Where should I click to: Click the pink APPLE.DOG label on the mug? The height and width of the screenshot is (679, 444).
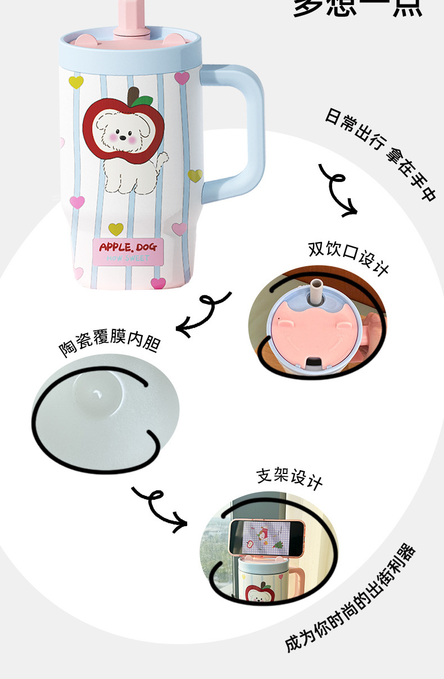(128, 250)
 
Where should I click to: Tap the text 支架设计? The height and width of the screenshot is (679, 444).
(289, 477)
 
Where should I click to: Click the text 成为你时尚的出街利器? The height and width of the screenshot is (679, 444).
(351, 598)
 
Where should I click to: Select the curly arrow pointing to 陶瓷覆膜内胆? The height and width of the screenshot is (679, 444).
(203, 313)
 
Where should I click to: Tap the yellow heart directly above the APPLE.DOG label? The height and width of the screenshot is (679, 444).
(116, 229)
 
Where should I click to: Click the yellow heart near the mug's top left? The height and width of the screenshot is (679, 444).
(76, 82)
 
